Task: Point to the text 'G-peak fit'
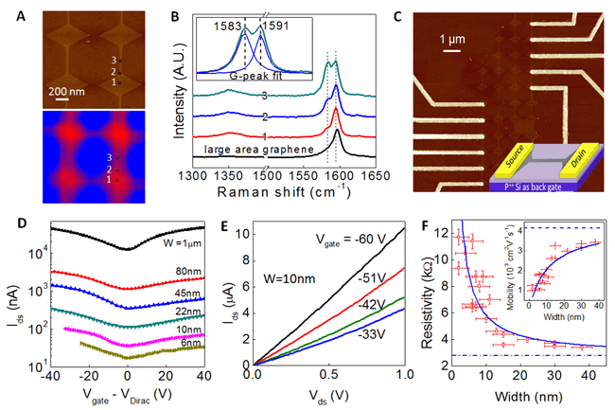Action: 253,71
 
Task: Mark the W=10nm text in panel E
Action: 286,281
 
